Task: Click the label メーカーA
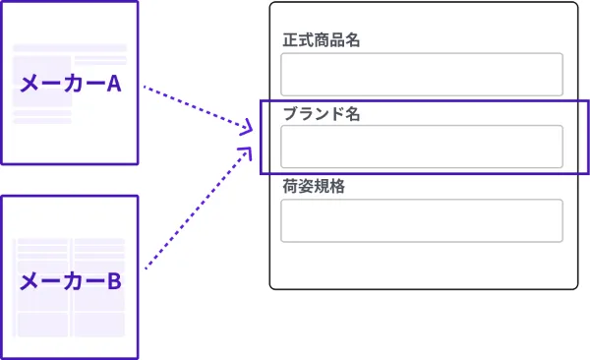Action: pos(71,84)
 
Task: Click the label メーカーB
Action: pos(71,281)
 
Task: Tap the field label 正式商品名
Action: pos(322,40)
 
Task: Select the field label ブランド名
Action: pos(322,114)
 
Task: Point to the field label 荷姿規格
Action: pos(314,186)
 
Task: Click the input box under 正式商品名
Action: pos(422,74)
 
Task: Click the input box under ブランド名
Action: pos(422,147)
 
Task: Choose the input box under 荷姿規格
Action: pos(422,220)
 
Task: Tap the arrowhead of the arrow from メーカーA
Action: pos(247,127)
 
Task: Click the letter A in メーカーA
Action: pos(114,84)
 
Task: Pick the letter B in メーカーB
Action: pos(114,281)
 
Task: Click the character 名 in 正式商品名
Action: pos(353,40)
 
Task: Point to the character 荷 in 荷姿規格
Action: pos(290,186)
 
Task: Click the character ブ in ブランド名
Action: pos(290,114)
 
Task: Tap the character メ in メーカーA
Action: pos(29,84)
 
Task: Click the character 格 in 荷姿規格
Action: pos(337,186)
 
